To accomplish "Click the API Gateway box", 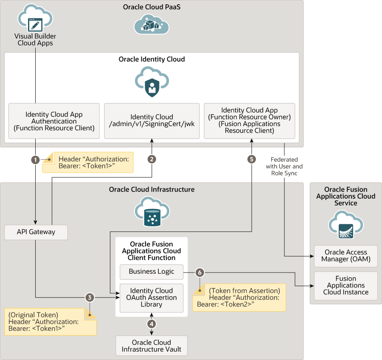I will (x=36, y=232).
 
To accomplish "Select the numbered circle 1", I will (x=36, y=160).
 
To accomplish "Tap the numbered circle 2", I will (x=152, y=160).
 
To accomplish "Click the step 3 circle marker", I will (x=89, y=298).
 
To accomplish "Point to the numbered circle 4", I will (x=152, y=323).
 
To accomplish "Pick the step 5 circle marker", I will (x=252, y=160).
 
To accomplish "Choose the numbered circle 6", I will (x=200, y=272).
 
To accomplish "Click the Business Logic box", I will (x=152, y=272).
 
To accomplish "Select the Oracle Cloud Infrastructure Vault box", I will (x=152, y=346).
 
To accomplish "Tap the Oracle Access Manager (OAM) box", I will (x=345, y=256).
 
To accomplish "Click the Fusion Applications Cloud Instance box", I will (x=345, y=286).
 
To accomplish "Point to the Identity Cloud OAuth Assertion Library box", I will (x=152, y=298).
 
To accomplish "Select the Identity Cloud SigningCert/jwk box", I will (x=152, y=121).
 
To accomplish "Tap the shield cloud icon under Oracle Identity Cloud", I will (x=152, y=82).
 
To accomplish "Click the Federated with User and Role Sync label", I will (x=284, y=166).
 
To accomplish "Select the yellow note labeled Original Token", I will (x=50, y=322).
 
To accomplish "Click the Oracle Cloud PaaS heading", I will (x=152, y=7).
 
